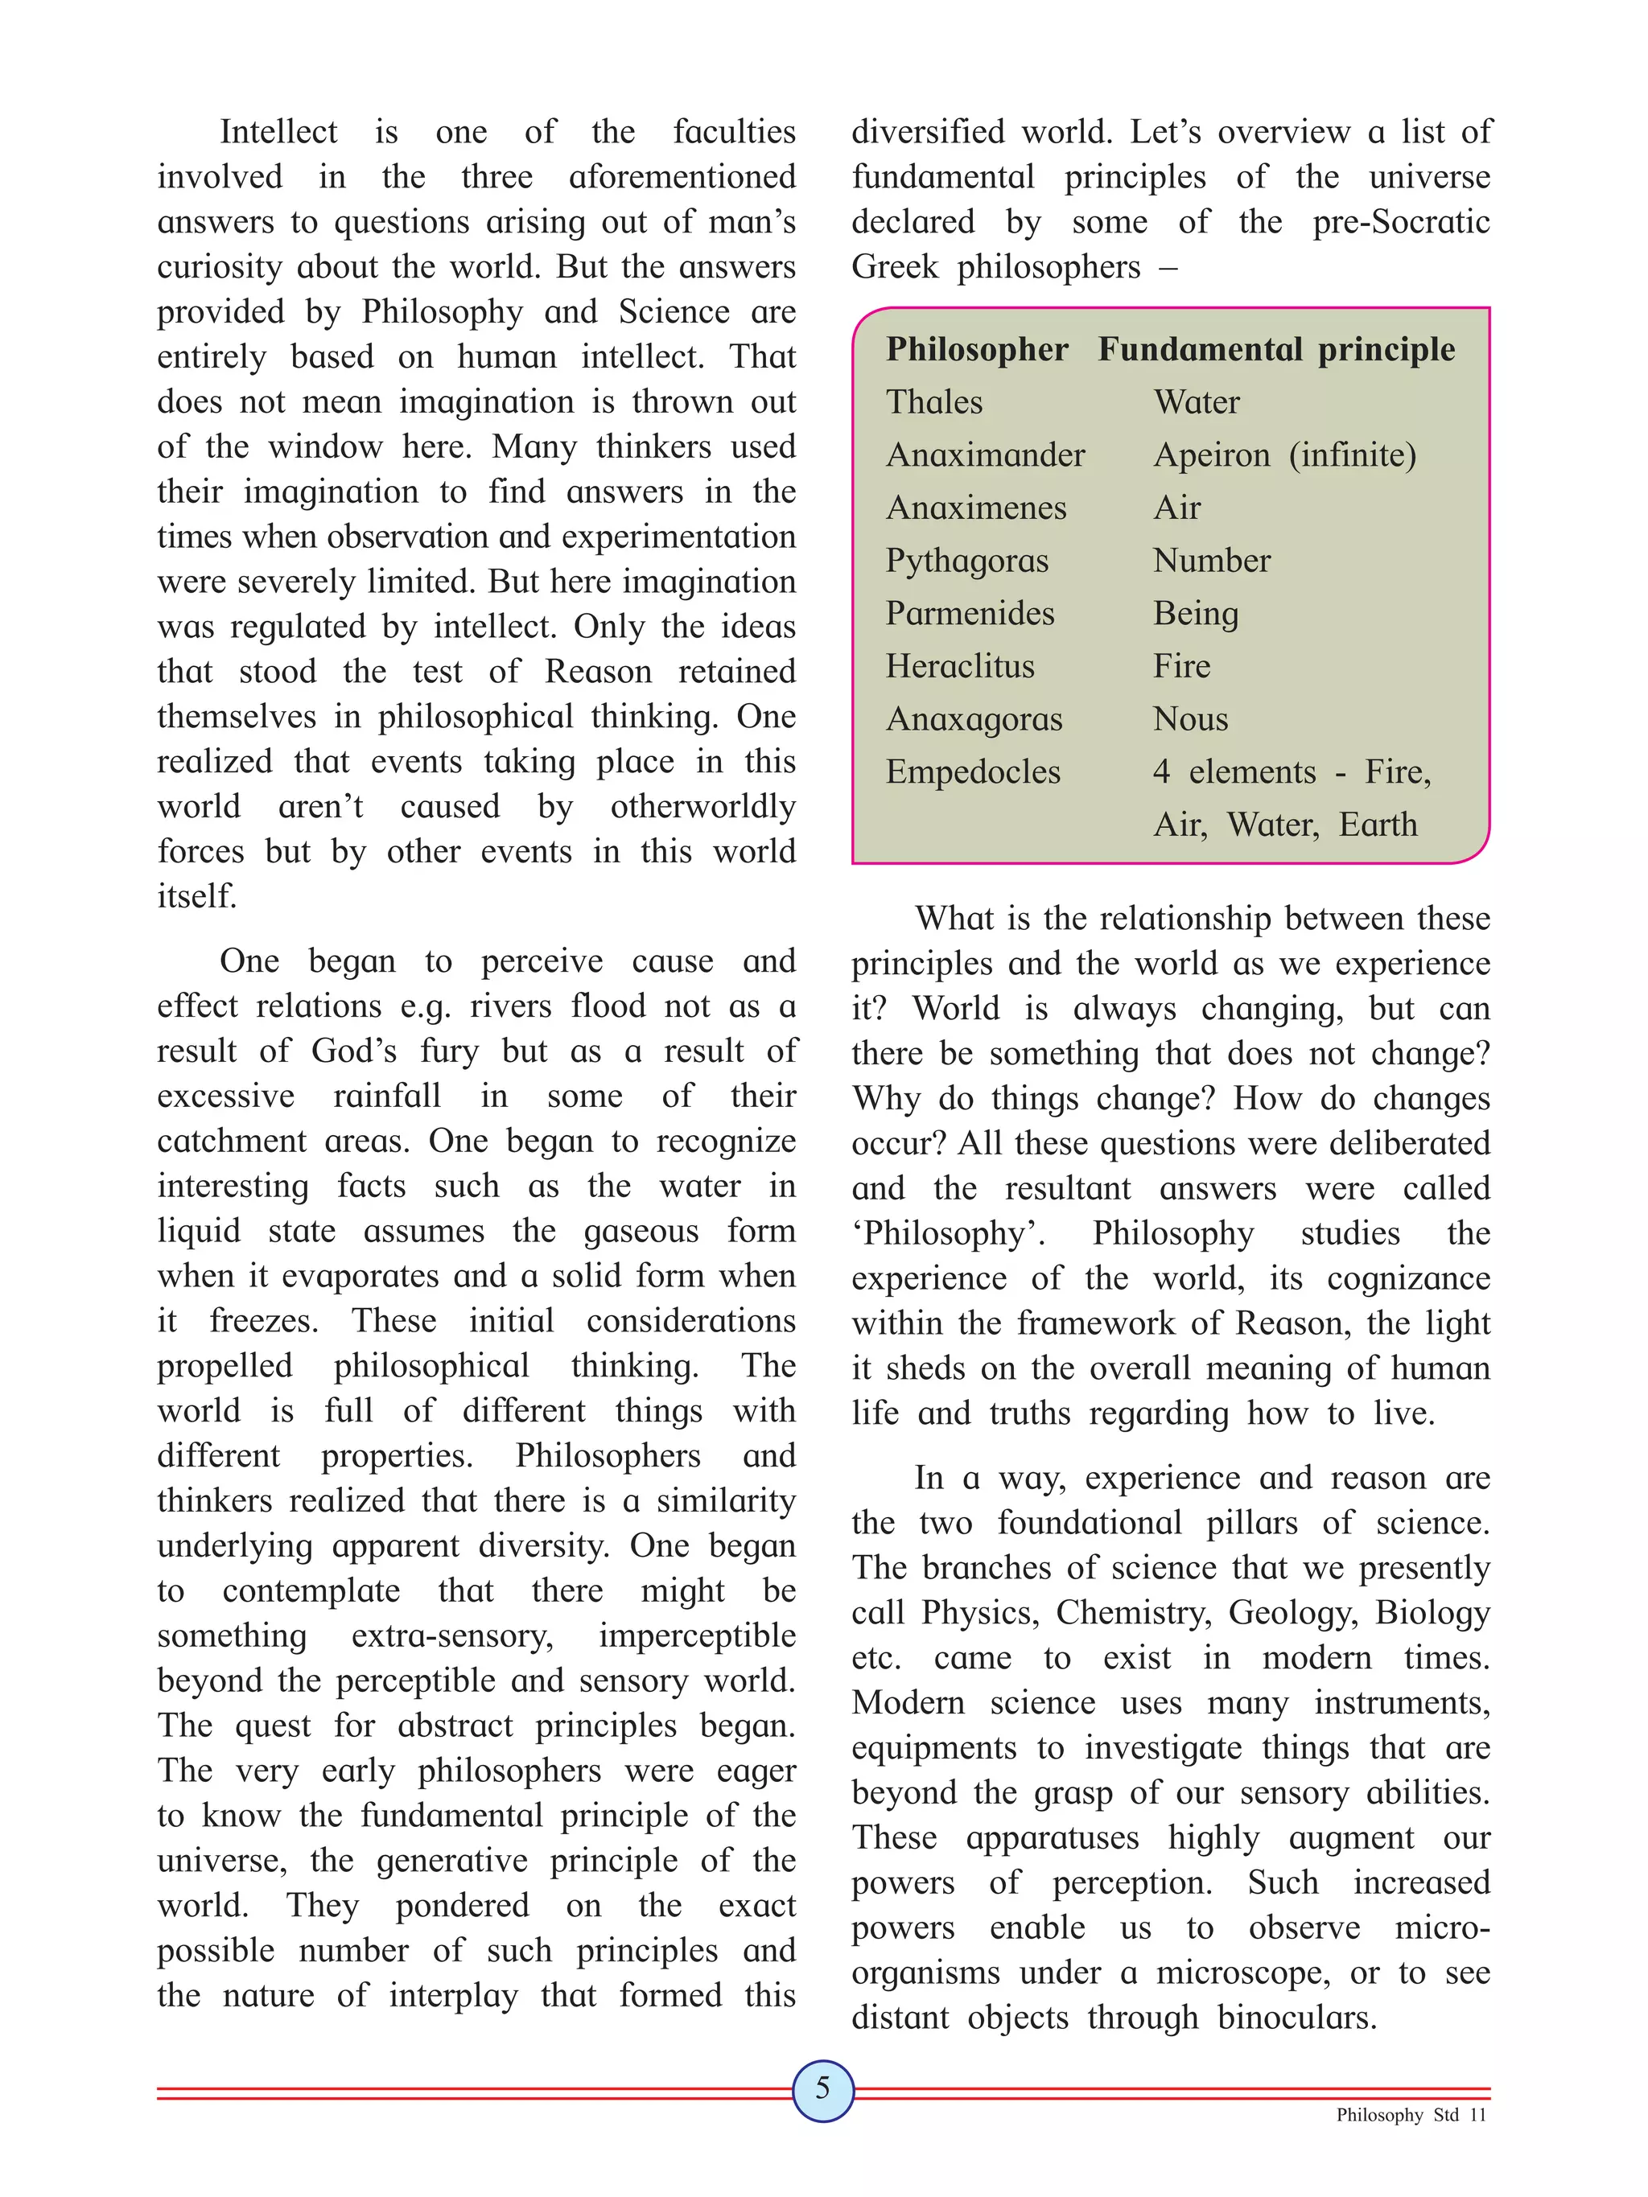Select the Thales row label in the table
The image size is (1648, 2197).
[x=933, y=402]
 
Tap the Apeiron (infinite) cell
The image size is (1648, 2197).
[x=1284, y=455]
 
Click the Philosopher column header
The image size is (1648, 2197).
[x=976, y=350]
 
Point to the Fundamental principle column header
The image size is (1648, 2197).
[x=1275, y=350]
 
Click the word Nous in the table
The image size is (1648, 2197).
[x=1190, y=719]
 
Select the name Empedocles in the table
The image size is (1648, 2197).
[x=973, y=771]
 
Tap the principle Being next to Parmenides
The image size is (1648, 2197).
[x=1195, y=614]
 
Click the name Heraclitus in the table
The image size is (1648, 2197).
[x=960, y=666]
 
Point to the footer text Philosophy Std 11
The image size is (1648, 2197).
[x=1411, y=2142]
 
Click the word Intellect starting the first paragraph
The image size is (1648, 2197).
[x=278, y=132]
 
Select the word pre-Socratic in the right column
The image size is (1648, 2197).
[x=1401, y=221]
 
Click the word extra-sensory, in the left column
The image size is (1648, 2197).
[x=452, y=1635]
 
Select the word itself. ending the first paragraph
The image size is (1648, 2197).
[x=196, y=896]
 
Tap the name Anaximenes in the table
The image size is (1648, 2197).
[x=975, y=508]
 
